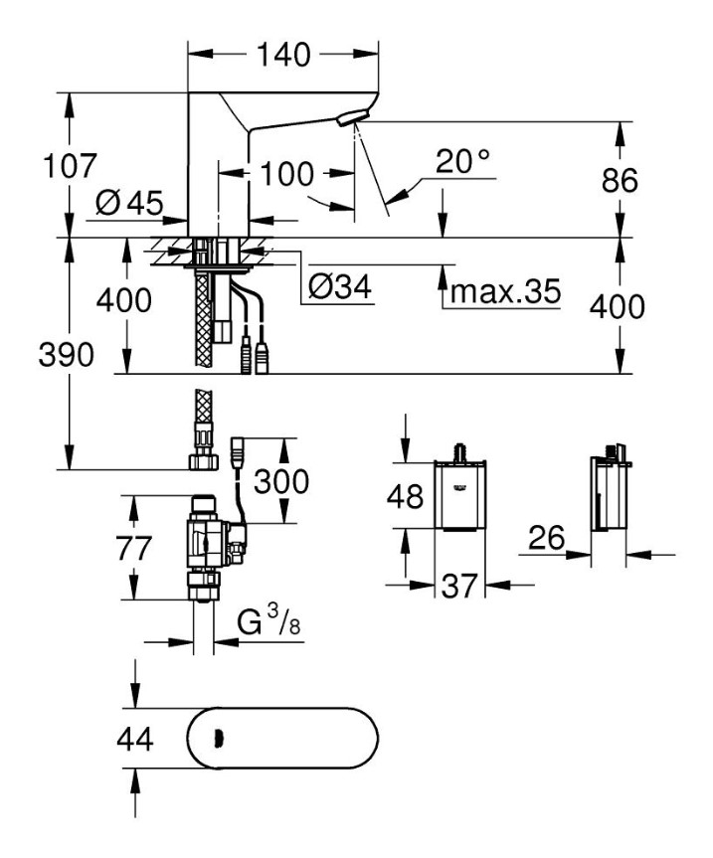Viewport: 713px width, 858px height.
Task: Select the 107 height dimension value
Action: tap(69, 166)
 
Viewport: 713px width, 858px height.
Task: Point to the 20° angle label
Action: tap(462, 160)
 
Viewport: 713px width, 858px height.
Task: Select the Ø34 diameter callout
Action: tap(339, 288)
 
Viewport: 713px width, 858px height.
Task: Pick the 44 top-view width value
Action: tap(135, 740)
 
